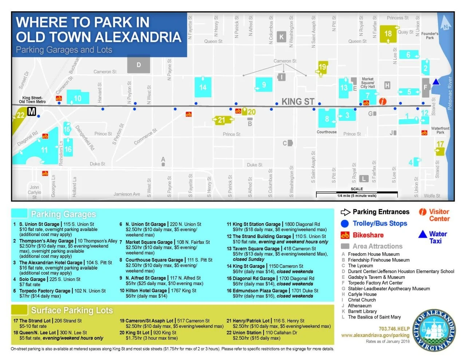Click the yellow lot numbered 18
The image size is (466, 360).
pyautogui.click(x=388, y=34)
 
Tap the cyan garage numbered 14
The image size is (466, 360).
pyautogui.click(x=203, y=87)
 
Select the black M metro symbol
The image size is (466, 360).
pyautogui.click(x=32, y=112)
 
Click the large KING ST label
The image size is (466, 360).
pyautogui.click(x=298, y=102)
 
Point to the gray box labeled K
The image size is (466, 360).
pyautogui.click(x=281, y=37)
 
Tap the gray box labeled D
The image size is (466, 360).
pyautogui.click(x=139, y=65)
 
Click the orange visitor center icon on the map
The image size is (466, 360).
pyautogui.click(x=383, y=102)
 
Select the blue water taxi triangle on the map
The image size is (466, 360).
pyautogui.click(x=436, y=82)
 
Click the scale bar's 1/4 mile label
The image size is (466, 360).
pyautogui.click(x=356, y=196)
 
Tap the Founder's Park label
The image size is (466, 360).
pyautogui.click(x=430, y=36)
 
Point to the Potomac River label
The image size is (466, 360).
pyautogui.click(x=450, y=93)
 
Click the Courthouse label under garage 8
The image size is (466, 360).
pyautogui.click(x=327, y=132)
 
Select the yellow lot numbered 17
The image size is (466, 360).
pyautogui.click(x=440, y=147)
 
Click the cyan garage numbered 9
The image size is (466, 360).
pyautogui.click(x=264, y=86)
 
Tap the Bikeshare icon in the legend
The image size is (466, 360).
pyautogui.click(x=345, y=235)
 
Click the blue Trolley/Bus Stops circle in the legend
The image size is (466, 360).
pyautogui.click(x=345, y=223)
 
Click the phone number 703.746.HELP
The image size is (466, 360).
pyautogui.click(x=394, y=329)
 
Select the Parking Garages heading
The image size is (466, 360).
pyautogui.click(x=63, y=214)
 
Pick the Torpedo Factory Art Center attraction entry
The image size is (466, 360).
pyautogui.click(x=375, y=283)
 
